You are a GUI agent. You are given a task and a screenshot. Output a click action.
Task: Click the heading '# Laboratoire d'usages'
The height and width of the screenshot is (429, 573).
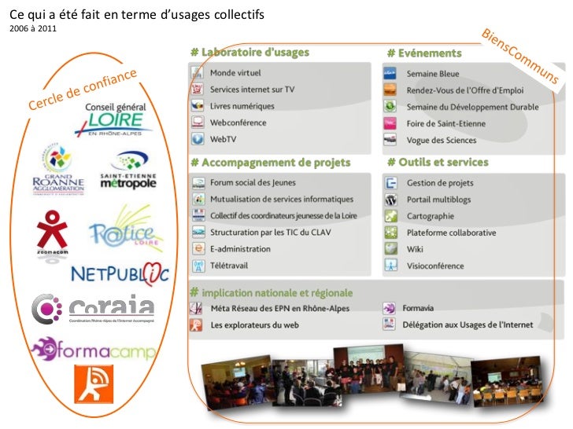[250, 53]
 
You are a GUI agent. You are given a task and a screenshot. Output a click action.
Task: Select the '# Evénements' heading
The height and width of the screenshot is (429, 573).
[424, 53]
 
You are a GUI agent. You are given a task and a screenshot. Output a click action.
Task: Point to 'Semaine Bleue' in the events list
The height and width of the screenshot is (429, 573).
[433, 73]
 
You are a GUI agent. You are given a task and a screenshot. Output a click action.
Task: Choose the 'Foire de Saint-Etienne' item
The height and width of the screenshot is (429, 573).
[445, 123]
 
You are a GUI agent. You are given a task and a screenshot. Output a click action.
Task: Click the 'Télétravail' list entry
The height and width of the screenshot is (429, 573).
[229, 266]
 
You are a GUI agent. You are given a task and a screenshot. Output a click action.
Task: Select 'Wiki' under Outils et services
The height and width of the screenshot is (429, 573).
[416, 249]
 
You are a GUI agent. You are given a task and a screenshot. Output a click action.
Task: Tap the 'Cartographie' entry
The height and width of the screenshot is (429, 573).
[430, 216]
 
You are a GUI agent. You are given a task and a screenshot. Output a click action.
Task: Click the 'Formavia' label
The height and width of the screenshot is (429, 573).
[422, 308]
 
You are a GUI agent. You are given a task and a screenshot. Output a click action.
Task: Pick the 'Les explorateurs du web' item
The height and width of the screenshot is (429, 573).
[254, 324]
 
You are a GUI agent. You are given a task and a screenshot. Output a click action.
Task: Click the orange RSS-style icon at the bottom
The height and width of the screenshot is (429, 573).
[94, 383]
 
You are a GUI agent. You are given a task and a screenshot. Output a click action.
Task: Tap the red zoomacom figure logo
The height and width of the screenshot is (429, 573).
[52, 229]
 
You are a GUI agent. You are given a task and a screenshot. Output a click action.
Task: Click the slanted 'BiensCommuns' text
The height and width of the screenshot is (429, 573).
[519, 57]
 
